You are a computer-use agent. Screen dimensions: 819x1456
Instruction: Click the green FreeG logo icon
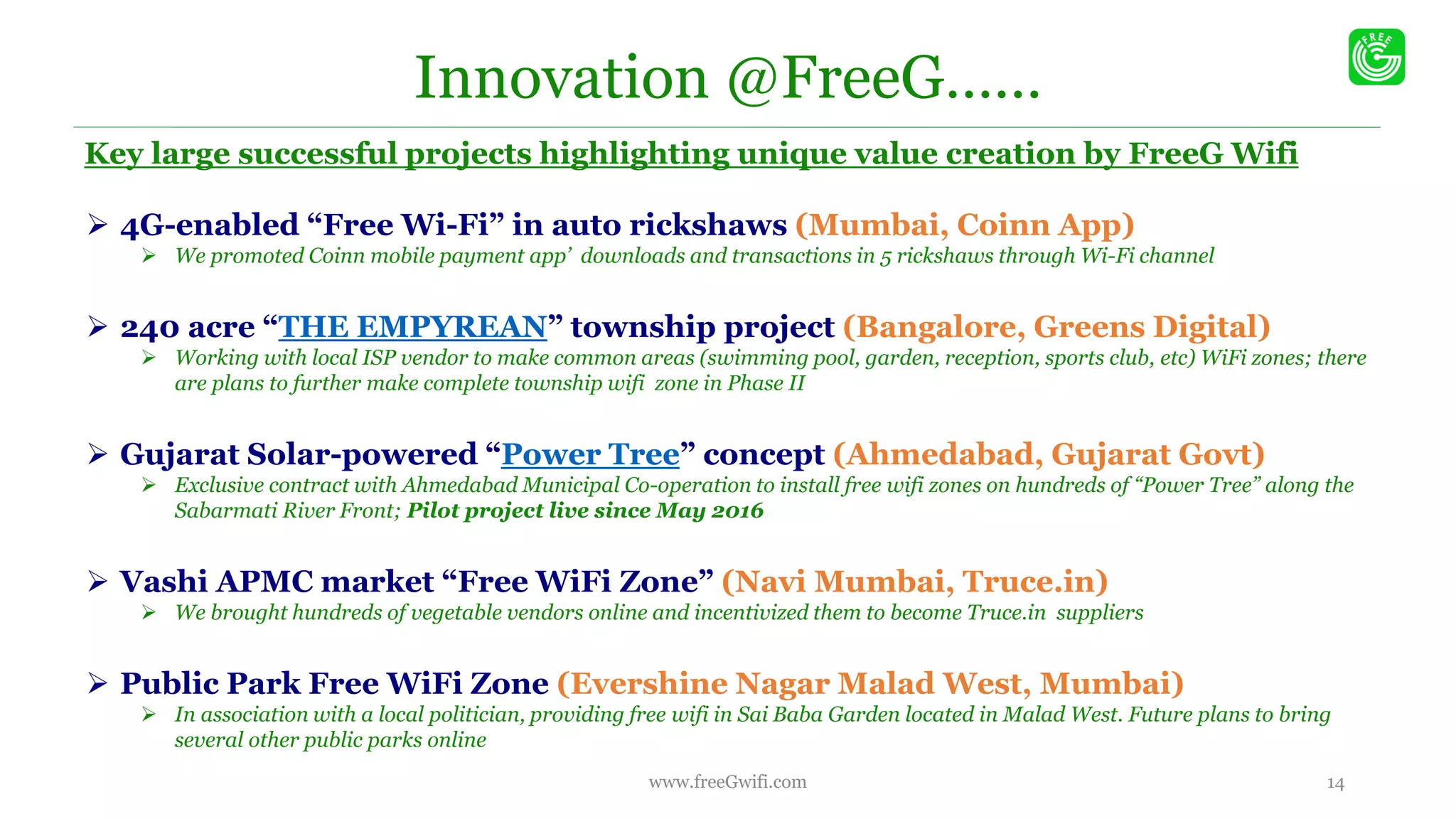(x=1376, y=57)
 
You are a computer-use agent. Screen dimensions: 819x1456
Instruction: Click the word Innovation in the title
(x=561, y=78)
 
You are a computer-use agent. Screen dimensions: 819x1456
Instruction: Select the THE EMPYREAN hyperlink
(x=413, y=327)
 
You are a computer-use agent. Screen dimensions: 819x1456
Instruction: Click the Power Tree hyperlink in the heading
(x=590, y=454)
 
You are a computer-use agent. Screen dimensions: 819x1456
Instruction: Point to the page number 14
(x=1335, y=783)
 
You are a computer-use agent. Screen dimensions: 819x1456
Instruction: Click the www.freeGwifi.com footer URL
(x=727, y=782)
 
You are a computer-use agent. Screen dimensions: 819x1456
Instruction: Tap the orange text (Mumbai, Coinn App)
(x=964, y=225)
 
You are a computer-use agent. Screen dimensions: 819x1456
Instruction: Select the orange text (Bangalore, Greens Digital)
(x=1056, y=327)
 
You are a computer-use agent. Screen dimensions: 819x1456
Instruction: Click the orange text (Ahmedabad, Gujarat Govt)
(x=1049, y=454)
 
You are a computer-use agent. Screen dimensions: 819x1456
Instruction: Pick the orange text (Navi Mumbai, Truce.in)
(x=914, y=582)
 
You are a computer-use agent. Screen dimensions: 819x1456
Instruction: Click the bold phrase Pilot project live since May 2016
(x=584, y=510)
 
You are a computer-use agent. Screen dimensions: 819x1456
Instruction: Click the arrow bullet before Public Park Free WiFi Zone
(x=97, y=684)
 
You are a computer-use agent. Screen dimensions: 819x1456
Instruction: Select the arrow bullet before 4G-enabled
(x=97, y=225)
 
